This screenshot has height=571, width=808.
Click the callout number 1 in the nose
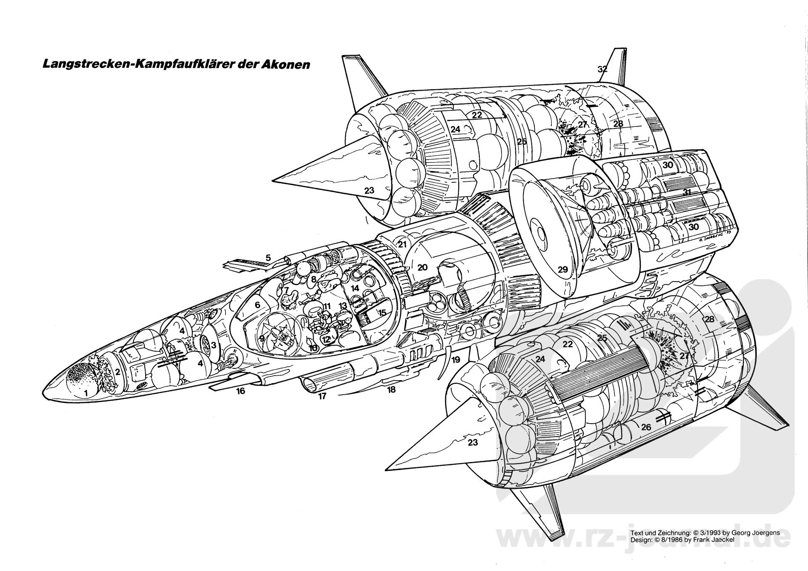point(86,393)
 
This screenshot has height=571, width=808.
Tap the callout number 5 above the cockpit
point(268,258)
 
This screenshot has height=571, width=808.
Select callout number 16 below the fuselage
point(240,391)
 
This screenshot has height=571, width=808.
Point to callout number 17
point(322,396)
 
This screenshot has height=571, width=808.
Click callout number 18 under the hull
point(391,390)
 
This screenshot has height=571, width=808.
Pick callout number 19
point(456,360)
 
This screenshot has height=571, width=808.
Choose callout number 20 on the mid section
point(423,267)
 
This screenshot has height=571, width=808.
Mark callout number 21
point(402,245)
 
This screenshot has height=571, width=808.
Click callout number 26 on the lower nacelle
point(646,427)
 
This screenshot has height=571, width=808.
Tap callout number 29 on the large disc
point(563,269)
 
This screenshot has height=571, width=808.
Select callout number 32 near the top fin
point(603,69)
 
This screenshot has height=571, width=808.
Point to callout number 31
point(687,192)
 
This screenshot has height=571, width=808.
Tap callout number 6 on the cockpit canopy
point(257,304)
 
